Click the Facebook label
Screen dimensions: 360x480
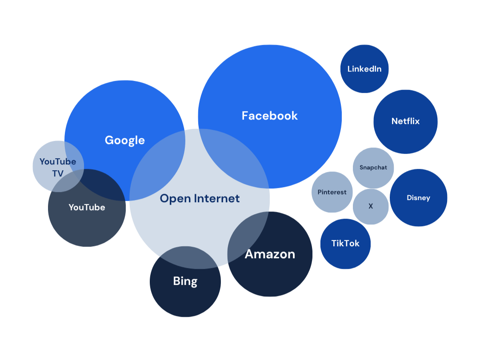[x=269, y=116]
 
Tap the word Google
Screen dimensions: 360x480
[x=124, y=140]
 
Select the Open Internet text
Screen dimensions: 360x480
[x=200, y=198]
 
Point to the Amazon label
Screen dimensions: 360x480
[x=270, y=254]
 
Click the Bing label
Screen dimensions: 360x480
[x=185, y=281]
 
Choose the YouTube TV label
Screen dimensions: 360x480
[x=58, y=167]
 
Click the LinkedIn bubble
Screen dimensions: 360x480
[x=364, y=69]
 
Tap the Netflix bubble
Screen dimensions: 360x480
[x=405, y=121]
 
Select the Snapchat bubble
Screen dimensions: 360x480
[x=373, y=168]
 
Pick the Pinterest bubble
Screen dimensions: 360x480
[x=332, y=192]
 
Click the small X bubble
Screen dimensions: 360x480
[x=371, y=206]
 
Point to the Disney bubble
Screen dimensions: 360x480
[x=418, y=198]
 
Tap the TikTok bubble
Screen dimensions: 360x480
[x=345, y=244]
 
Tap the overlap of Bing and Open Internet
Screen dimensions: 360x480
[x=189, y=258]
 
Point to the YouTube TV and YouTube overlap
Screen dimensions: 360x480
[x=67, y=181]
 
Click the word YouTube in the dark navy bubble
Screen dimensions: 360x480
[x=87, y=207]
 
